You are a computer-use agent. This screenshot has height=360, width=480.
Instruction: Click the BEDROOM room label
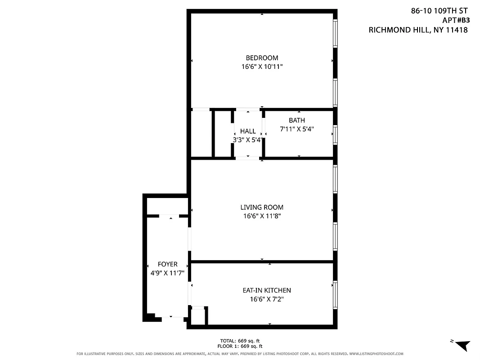click(262, 58)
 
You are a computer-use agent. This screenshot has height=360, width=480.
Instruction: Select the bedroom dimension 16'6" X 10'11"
click(262, 67)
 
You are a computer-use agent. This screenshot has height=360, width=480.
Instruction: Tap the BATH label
click(296, 120)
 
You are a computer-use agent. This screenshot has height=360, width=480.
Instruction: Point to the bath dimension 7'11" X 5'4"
click(296, 129)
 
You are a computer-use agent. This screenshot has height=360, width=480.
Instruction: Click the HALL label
click(248, 131)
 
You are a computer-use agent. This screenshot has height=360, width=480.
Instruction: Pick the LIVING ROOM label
click(262, 207)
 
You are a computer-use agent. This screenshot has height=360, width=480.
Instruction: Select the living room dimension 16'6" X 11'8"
click(262, 216)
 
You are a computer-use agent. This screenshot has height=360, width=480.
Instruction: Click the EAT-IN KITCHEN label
click(267, 290)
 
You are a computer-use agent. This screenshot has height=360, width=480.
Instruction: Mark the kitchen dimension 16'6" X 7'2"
click(267, 299)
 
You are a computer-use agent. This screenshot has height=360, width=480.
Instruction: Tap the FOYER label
click(167, 264)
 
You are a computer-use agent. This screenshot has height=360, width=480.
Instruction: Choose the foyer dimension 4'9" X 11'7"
click(167, 273)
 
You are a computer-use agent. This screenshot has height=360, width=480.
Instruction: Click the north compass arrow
click(462, 345)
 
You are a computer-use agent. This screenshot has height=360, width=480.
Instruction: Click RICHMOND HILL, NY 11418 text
click(418, 30)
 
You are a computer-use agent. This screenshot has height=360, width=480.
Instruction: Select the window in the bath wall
click(335, 135)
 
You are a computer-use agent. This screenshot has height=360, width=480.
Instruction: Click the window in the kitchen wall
click(335, 295)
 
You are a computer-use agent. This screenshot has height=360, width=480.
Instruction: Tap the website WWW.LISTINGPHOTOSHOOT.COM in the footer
click(376, 354)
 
